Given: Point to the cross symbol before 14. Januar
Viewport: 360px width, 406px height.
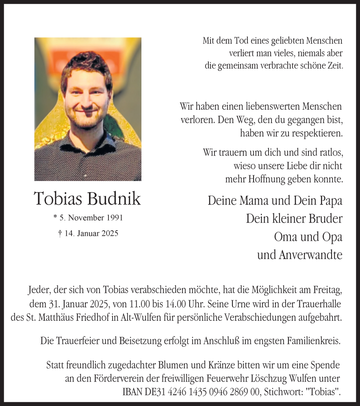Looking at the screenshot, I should [60, 233].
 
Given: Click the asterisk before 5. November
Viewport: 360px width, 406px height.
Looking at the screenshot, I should [55, 218].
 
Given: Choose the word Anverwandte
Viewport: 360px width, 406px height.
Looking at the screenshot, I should [311, 255].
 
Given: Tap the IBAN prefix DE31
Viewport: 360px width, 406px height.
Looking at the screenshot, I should [152, 392].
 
